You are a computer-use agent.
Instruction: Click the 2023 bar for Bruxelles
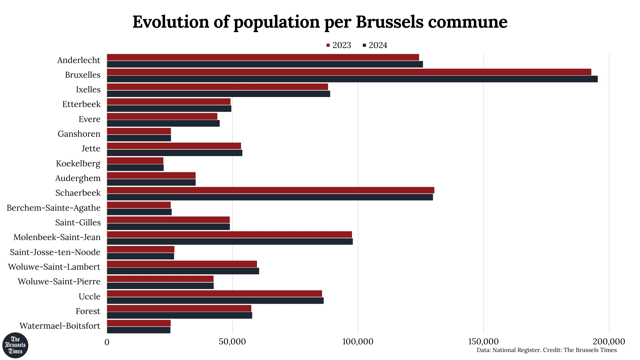[x=349, y=72]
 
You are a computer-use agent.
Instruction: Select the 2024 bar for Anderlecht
[x=265, y=64]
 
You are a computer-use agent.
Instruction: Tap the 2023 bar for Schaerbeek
[x=270, y=190]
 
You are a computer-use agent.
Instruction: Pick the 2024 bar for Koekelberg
[x=135, y=168]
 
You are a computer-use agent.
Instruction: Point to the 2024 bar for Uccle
[x=215, y=301]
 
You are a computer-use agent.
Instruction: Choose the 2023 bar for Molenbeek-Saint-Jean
[x=229, y=235]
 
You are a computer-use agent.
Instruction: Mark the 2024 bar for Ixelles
[x=218, y=94]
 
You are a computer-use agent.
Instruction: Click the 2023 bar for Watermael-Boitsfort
[x=139, y=323]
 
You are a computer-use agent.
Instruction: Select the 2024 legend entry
[x=375, y=45]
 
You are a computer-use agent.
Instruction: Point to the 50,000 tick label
[x=232, y=342]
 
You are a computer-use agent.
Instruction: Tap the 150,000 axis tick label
[x=483, y=342]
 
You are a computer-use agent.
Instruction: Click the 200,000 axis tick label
[x=609, y=342]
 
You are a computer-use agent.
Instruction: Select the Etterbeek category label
[x=81, y=104]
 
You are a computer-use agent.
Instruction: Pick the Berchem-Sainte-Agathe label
[x=54, y=208]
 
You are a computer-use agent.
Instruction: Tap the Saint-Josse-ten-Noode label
[x=55, y=252]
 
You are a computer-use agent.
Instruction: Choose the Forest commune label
[x=88, y=311]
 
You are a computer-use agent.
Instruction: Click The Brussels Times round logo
[x=15, y=345]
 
